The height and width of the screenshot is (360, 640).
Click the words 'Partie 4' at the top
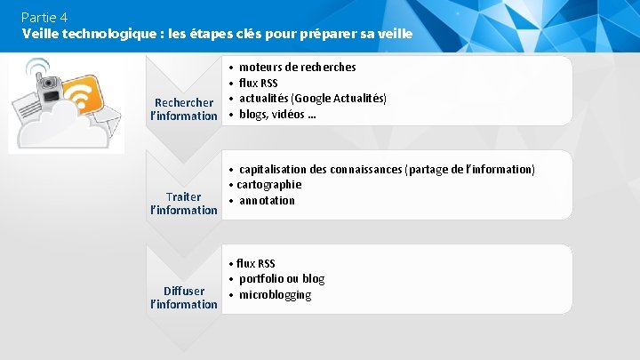point(44,17)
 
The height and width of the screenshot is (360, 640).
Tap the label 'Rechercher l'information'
point(184,109)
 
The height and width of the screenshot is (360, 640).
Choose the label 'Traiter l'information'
point(184,204)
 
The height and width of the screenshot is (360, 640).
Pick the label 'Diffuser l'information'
point(184,298)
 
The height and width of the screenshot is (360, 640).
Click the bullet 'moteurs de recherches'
point(297,67)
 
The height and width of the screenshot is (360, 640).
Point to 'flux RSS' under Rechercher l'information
point(258,83)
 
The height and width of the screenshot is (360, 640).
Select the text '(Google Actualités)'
point(343,98)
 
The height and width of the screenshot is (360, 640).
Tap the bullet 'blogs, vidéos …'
point(277,114)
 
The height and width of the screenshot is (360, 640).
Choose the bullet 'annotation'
point(267,200)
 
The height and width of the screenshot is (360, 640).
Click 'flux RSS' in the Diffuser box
point(255,263)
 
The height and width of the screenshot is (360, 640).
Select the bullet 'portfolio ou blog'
point(281,278)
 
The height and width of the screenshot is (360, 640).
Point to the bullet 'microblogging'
point(275,294)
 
